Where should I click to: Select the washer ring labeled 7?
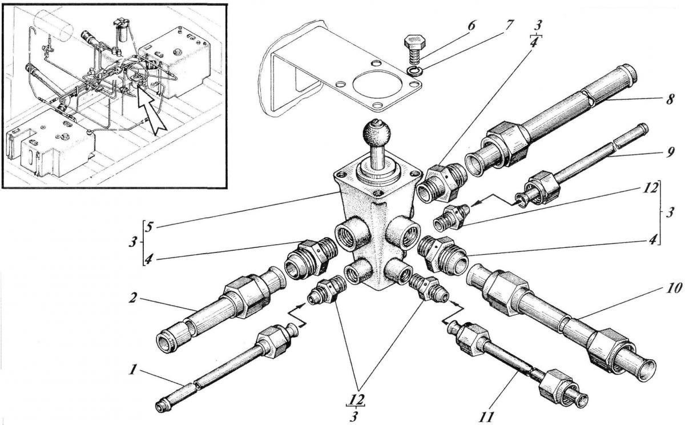click(415, 71)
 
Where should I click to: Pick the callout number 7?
click(509, 26)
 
